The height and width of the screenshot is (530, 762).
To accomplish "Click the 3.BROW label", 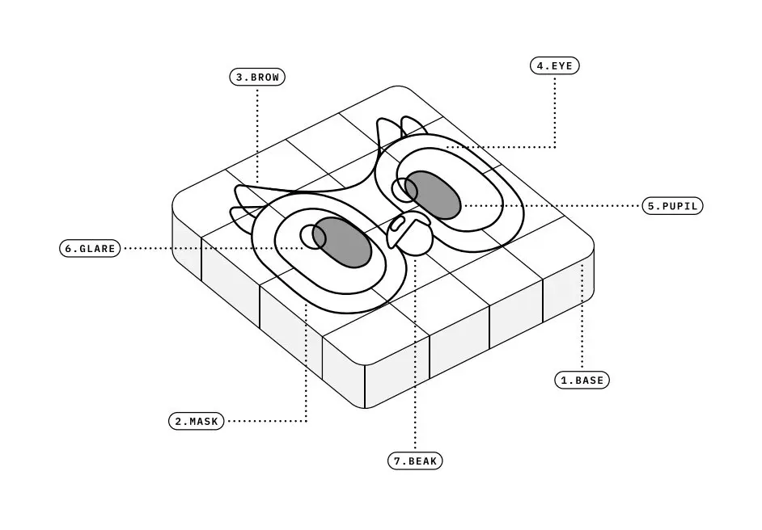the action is click(x=257, y=77).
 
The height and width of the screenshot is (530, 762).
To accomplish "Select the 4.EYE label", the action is click(x=554, y=65).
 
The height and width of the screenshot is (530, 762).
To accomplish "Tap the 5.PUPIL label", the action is click(x=672, y=206).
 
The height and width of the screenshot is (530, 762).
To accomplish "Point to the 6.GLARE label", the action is click(x=90, y=248).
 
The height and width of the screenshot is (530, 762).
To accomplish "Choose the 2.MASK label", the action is click(x=197, y=421).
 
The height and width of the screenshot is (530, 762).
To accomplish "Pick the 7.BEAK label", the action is click(x=415, y=461).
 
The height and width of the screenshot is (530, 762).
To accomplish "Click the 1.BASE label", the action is click(x=582, y=380).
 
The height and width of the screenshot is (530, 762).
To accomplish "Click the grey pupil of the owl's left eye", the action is click(x=342, y=242).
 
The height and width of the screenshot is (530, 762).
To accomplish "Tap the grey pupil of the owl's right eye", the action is click(x=433, y=194).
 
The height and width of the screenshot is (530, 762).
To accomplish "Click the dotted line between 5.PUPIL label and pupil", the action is click(x=551, y=206).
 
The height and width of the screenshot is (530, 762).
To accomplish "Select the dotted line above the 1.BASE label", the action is click(x=582, y=317).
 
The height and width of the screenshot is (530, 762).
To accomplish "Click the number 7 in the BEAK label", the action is click(x=397, y=461).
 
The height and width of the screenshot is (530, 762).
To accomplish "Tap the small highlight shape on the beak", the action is click(x=399, y=223).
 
